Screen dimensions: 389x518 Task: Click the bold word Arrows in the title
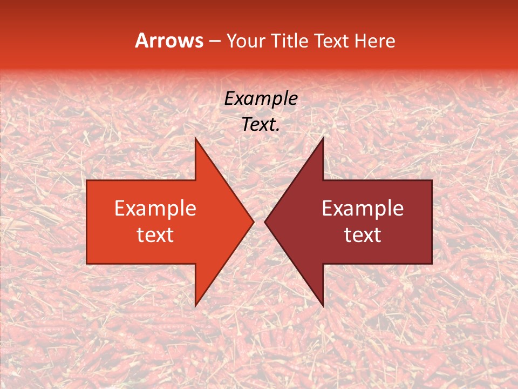(x=169, y=41)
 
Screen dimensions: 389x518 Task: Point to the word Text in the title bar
(x=331, y=41)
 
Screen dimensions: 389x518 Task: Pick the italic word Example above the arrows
(x=261, y=99)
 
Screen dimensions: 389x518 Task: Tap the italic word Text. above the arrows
(x=261, y=125)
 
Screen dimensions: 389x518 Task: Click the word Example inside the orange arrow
(x=155, y=209)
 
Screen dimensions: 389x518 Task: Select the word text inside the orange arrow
(x=155, y=234)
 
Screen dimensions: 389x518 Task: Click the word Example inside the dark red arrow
(x=363, y=209)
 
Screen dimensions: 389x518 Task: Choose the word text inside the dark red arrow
(x=363, y=234)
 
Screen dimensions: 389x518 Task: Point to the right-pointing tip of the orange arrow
(x=253, y=222)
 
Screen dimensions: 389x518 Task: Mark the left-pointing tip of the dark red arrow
(x=265, y=222)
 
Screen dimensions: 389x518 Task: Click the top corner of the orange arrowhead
(x=195, y=138)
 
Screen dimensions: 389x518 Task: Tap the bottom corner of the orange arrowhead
(x=195, y=306)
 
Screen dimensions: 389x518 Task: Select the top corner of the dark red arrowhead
(x=323, y=138)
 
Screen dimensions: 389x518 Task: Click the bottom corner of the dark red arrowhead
(x=323, y=306)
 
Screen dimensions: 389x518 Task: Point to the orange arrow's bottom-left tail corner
(x=87, y=263)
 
